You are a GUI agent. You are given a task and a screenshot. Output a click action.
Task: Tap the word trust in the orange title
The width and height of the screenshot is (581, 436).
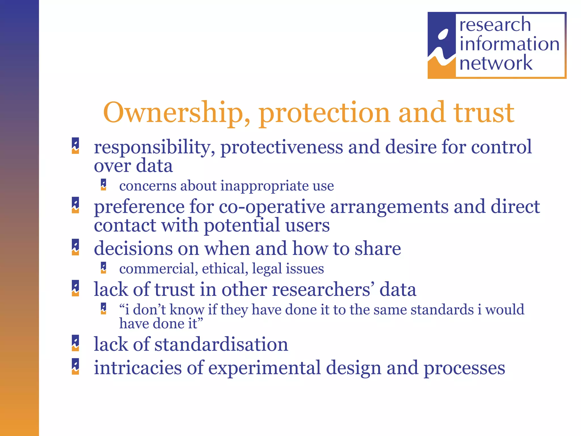[484, 113]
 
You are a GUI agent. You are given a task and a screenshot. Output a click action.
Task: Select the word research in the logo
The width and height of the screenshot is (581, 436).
[495, 25]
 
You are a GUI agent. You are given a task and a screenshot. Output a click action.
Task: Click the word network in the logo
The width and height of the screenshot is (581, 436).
[496, 63]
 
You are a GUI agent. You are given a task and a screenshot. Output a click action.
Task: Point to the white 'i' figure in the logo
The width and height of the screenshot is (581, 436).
[441, 47]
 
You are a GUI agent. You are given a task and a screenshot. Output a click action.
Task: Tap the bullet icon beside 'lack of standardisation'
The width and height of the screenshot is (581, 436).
[75, 343]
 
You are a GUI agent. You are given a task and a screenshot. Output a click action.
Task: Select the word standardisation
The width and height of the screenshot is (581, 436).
[221, 344]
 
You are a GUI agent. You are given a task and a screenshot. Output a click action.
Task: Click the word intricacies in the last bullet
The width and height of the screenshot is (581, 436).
[138, 368]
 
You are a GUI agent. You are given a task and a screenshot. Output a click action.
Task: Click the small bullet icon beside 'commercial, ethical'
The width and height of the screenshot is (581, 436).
[104, 268]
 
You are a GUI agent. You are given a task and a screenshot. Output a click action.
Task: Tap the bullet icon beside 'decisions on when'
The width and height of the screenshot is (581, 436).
[75, 247]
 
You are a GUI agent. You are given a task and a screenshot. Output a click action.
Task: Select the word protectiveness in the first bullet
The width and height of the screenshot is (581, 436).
[282, 148]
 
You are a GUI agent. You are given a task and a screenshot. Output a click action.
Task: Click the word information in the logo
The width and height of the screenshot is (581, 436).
[509, 44]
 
